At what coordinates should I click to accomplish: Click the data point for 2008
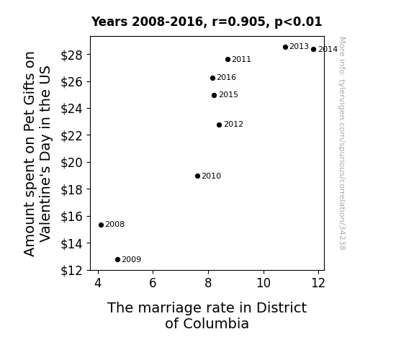tap(101, 225)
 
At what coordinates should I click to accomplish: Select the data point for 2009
tap(118, 260)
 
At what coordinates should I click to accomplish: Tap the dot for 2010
tap(197, 176)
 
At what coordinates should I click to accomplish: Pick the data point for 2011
tap(228, 60)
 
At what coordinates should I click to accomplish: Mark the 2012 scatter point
tap(219, 125)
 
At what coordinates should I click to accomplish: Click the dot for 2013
tap(285, 47)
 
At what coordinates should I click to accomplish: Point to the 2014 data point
tap(314, 49)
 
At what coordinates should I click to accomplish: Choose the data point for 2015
tap(214, 95)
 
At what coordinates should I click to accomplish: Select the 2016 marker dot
tap(213, 78)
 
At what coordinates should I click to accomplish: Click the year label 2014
tap(328, 50)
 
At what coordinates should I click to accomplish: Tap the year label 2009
tap(132, 260)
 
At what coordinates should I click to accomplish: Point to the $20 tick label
tap(71, 163)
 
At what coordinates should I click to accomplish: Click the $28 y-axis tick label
tap(71, 55)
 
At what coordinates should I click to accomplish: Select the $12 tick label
tap(71, 271)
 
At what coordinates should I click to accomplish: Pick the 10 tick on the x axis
tap(264, 283)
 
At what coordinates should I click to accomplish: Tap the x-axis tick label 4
tap(98, 283)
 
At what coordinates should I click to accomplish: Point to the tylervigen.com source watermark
tap(342, 143)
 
